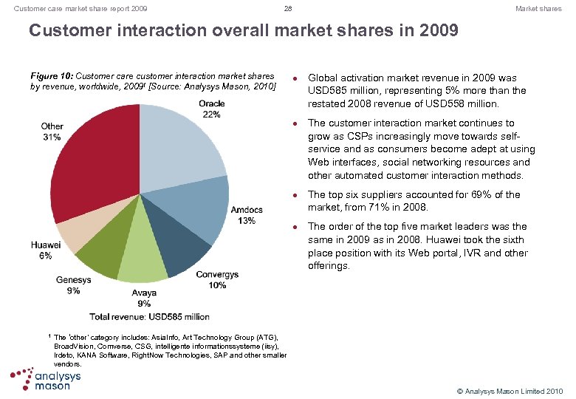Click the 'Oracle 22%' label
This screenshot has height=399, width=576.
211,109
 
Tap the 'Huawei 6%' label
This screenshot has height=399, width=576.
46,250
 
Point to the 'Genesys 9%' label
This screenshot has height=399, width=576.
73,285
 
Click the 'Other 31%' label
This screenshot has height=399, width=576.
52,132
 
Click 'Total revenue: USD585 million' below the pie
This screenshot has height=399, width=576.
149,316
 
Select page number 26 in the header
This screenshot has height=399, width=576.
288,9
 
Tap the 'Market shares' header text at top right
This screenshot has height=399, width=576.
538,9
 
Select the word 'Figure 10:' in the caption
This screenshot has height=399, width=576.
52,76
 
